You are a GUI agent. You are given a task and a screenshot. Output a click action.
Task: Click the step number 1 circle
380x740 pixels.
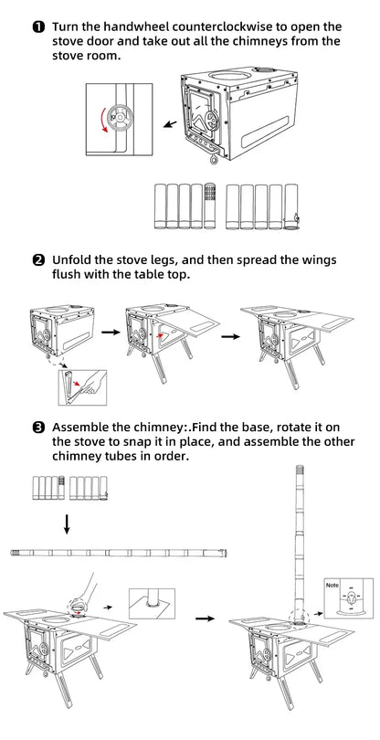(x=38, y=26)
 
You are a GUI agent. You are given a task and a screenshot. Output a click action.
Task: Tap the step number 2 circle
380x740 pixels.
(x=38, y=260)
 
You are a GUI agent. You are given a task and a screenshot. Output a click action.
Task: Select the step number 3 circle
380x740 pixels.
(x=38, y=428)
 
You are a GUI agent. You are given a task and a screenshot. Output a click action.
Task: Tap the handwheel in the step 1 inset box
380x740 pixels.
(x=118, y=116)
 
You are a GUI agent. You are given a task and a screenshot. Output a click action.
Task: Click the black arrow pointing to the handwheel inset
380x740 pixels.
(x=170, y=124)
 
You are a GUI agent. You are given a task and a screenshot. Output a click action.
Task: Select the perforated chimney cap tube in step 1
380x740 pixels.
(x=209, y=206)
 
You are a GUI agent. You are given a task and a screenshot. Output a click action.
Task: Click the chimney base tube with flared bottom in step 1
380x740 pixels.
(x=291, y=206)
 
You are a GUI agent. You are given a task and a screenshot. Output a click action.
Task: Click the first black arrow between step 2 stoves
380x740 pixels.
(x=111, y=333)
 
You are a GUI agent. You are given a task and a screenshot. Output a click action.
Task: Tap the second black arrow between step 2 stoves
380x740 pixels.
(x=230, y=336)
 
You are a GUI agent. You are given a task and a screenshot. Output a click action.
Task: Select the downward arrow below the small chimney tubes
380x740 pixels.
(x=67, y=524)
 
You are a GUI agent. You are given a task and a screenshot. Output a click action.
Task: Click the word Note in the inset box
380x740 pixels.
(x=332, y=586)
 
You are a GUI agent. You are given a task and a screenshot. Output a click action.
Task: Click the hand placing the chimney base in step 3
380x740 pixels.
(x=85, y=592)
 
